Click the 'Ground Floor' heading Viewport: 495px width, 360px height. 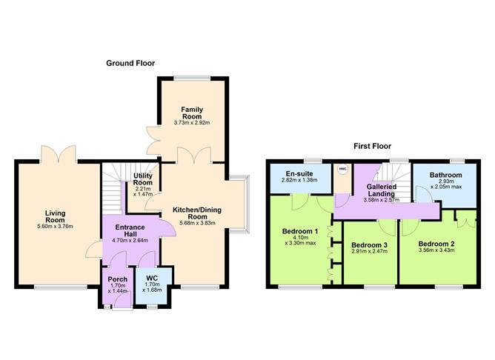(130, 64)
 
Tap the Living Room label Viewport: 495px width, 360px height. (55, 217)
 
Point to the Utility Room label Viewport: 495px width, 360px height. (142, 179)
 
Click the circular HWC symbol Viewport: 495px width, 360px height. (342, 170)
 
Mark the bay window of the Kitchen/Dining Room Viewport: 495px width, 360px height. (241, 204)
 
